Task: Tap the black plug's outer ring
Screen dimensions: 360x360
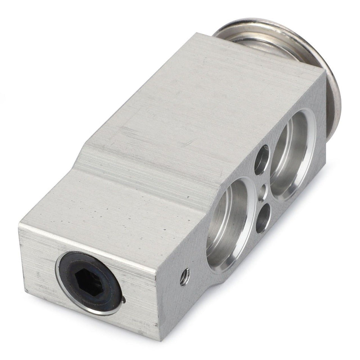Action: click(72, 265)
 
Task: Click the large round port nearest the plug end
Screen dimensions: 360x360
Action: click(227, 224)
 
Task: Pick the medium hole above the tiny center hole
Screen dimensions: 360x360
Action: click(262, 160)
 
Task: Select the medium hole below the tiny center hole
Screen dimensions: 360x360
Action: click(263, 218)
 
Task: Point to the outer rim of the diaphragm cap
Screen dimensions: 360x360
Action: click(333, 83)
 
